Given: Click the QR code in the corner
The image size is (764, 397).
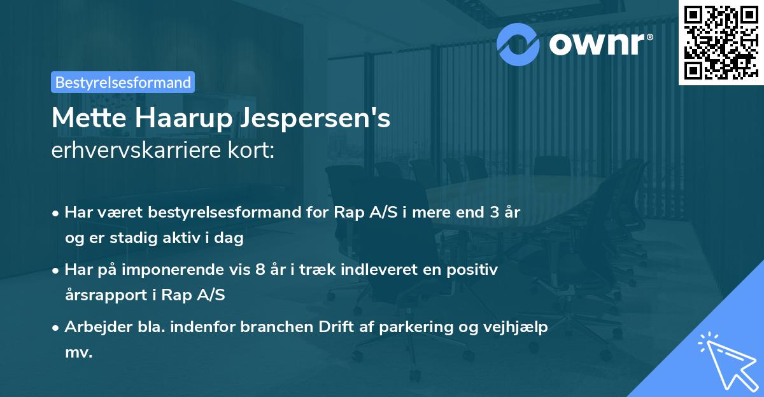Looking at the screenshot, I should coord(721,42).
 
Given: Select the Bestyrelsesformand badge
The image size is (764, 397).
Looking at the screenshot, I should coord(123,82).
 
